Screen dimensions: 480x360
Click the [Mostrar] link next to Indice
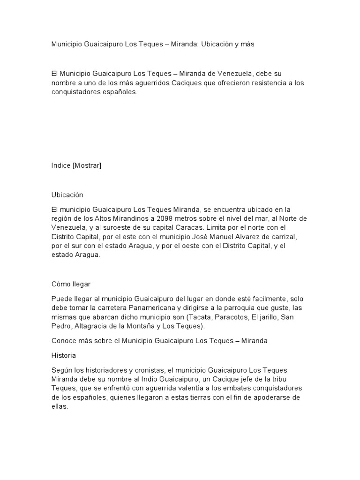click(x=87, y=165)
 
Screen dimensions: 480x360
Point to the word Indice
click(x=61, y=165)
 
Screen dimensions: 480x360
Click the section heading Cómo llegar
click(x=71, y=284)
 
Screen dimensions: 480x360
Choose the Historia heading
click(x=63, y=356)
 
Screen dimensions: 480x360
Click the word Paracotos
click(x=228, y=317)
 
